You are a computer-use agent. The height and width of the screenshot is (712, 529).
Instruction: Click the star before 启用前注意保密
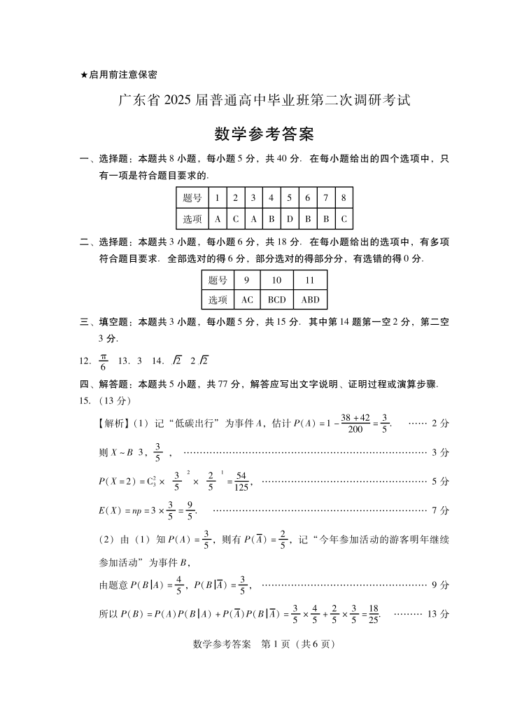(x=84, y=74)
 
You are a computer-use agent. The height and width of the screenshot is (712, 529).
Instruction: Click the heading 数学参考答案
(x=264, y=134)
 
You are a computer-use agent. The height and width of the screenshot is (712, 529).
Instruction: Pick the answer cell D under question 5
(x=289, y=219)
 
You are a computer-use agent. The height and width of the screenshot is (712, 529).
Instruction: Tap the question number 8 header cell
(x=344, y=198)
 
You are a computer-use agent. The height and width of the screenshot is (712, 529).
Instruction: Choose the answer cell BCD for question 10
(x=276, y=300)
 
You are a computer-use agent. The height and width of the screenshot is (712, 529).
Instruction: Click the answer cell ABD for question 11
(x=310, y=300)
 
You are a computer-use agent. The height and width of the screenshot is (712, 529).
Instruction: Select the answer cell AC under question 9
(x=246, y=300)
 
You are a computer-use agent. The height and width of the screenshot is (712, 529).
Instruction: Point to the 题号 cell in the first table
(x=192, y=198)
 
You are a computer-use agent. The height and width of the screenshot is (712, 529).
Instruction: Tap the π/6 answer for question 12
(x=104, y=361)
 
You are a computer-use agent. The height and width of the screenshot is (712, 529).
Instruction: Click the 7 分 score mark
(x=440, y=510)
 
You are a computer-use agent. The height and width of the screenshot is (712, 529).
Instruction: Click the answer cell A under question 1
(x=218, y=219)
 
